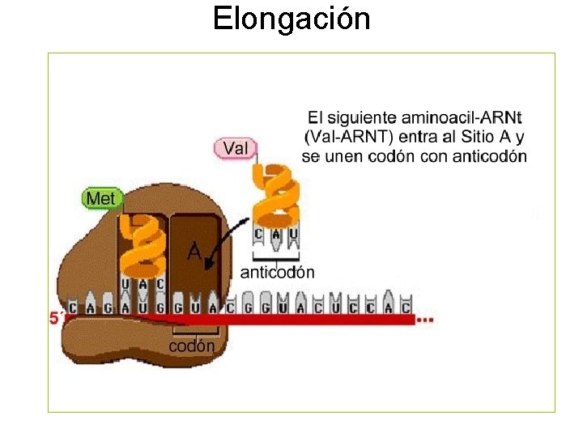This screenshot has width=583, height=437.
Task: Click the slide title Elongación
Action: click(x=291, y=18)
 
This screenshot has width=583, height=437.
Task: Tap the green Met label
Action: click(x=102, y=197)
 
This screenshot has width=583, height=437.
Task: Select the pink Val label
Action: click(x=235, y=148)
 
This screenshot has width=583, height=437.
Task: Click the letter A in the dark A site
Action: click(x=194, y=252)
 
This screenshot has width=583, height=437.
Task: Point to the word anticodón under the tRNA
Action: click(x=278, y=272)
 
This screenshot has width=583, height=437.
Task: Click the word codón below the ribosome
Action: click(x=192, y=346)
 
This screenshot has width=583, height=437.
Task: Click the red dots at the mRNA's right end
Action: click(x=426, y=320)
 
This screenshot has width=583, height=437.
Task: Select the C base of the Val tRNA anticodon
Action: click(x=259, y=235)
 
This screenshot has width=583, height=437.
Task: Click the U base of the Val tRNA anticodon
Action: click(x=293, y=235)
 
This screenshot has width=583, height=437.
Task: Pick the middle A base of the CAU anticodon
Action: click(x=276, y=235)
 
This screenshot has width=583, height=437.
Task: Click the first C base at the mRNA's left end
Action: click(x=73, y=308)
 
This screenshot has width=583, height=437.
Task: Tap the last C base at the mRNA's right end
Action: click(x=406, y=308)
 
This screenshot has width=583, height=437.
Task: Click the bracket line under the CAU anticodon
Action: click(x=276, y=259)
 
